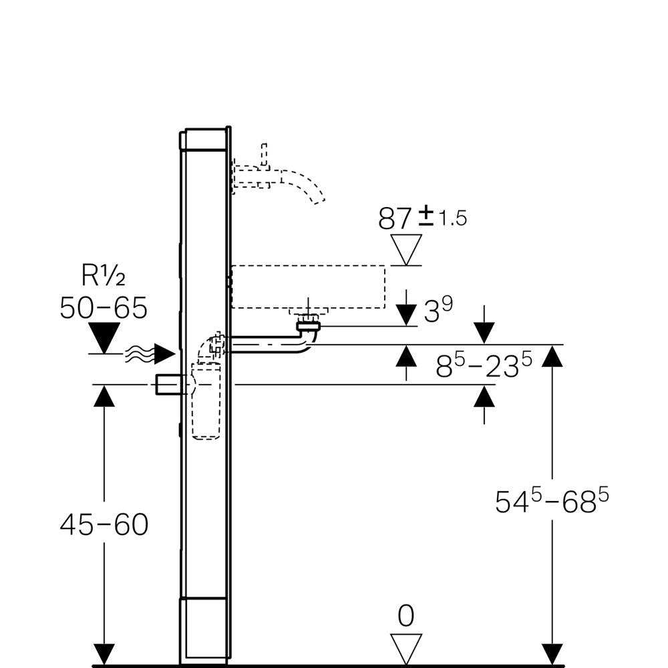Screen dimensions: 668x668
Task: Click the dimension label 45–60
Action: tap(104, 525)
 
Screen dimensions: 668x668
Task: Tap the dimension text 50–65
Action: tap(103, 308)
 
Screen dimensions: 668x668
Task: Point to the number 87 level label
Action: tap(395, 218)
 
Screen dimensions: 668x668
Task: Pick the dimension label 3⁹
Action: tap(438, 310)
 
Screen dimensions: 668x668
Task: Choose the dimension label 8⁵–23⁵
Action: tap(484, 366)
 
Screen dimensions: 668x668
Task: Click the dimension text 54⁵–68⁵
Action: tap(552, 501)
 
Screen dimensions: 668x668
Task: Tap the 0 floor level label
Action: tap(405, 616)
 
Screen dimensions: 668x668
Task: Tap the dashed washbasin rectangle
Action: tap(308, 287)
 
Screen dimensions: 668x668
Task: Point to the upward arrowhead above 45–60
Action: tap(104, 396)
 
